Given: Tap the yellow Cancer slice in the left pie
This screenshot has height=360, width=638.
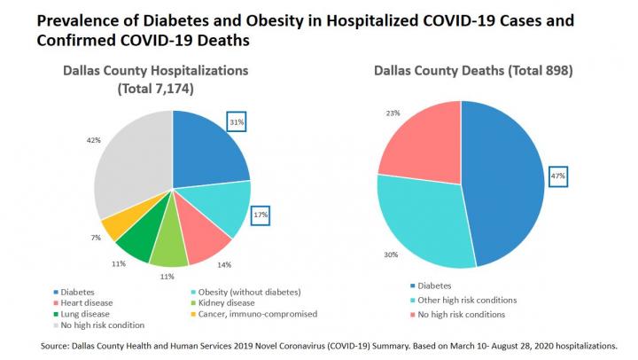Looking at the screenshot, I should point(115,226).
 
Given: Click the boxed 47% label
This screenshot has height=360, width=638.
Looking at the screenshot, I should point(558,176).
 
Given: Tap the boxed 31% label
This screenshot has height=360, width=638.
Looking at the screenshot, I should point(235,121).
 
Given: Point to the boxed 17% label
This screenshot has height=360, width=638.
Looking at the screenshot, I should point(259,214).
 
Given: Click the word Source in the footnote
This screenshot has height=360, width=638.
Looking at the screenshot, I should point(56,340).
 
